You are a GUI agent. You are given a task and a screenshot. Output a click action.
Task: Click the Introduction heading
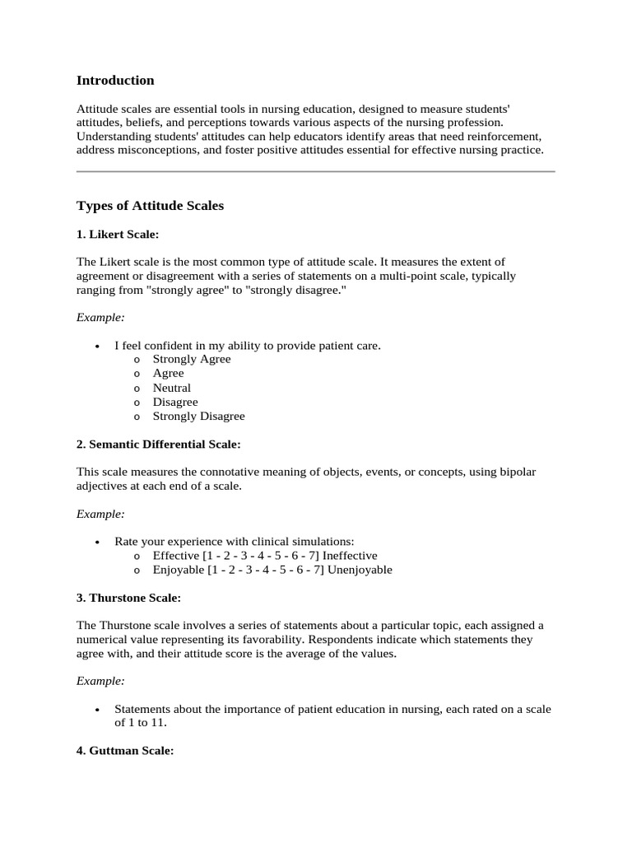pyautogui.click(x=115, y=81)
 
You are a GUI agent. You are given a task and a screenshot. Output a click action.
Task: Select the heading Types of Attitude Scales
pyautogui.click(x=150, y=206)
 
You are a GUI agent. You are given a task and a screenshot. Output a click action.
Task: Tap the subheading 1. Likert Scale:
pyautogui.click(x=117, y=235)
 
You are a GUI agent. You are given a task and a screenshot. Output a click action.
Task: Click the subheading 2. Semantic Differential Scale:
pyautogui.click(x=158, y=444)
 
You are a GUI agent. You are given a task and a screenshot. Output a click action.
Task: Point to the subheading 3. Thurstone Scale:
pyautogui.click(x=128, y=597)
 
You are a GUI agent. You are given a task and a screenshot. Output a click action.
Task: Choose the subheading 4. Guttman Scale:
pyautogui.click(x=125, y=752)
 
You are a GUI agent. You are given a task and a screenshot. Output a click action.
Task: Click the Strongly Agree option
pyautogui.click(x=192, y=359)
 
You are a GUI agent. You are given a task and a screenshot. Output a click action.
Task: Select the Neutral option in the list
pyautogui.click(x=171, y=388)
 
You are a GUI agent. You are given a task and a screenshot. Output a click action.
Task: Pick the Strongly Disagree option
pyautogui.click(x=198, y=417)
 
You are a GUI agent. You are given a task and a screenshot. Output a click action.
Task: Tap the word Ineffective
pyautogui.click(x=350, y=556)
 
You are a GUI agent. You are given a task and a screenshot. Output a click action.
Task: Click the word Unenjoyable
pyautogui.click(x=360, y=570)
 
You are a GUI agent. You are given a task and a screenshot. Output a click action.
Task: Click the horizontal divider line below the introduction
pyautogui.click(x=315, y=171)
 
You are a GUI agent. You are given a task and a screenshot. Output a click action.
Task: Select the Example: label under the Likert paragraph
pyautogui.click(x=100, y=317)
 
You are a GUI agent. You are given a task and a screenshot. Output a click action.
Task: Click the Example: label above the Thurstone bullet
pyautogui.click(x=100, y=681)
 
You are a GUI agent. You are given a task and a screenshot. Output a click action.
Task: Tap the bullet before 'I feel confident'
pyautogui.click(x=97, y=347)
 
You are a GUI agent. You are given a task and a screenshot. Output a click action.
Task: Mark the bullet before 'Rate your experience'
pyautogui.click(x=97, y=543)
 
